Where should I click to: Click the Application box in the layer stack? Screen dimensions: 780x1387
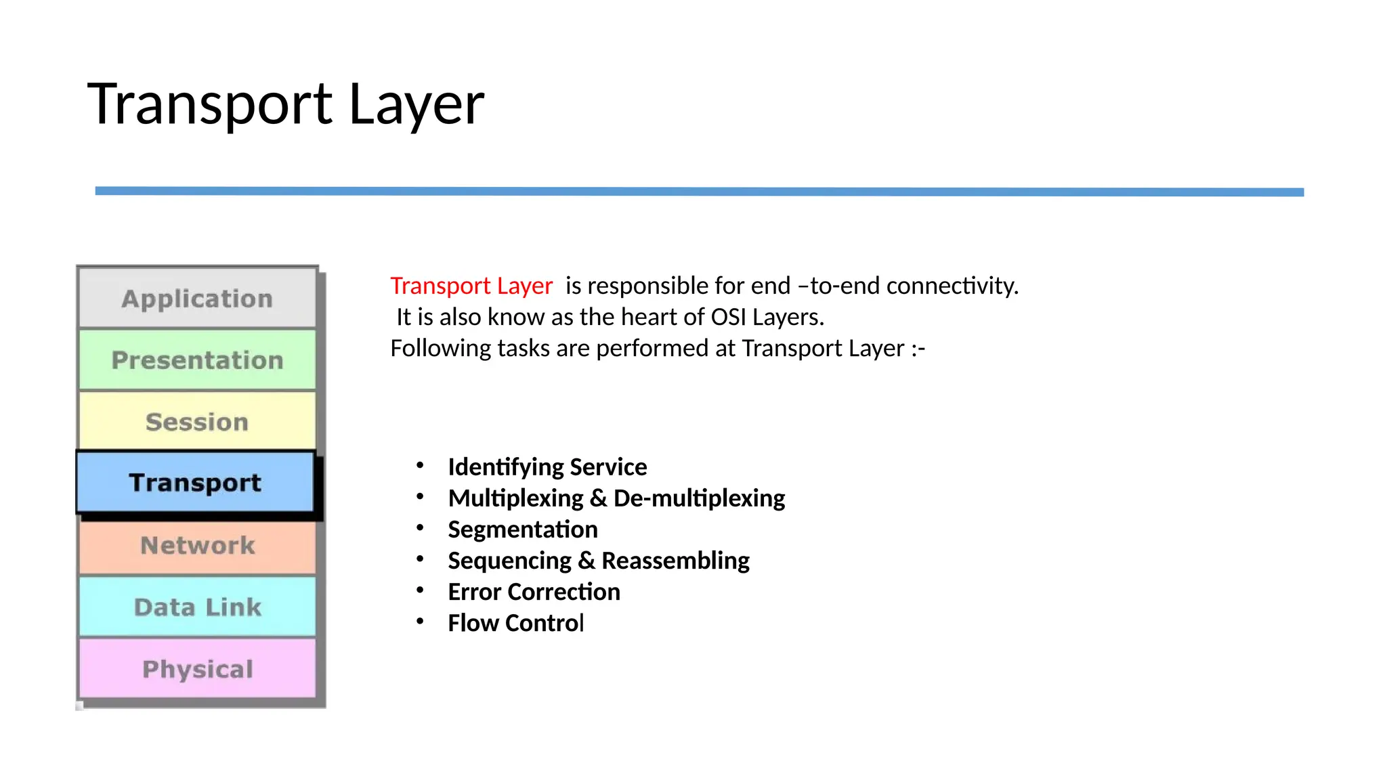point(197,299)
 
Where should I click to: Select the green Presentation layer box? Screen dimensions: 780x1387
point(197,360)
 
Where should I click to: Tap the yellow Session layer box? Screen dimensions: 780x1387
point(197,422)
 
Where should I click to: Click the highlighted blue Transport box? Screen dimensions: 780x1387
point(195,483)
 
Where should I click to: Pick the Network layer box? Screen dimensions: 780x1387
point(197,546)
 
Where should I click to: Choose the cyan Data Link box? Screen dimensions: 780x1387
point(197,607)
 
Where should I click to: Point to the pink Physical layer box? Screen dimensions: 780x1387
point(197,669)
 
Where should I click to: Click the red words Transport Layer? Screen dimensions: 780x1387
point(471,286)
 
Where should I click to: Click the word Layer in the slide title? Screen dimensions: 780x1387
point(416,104)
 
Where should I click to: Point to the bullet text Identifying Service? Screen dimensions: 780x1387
point(547,467)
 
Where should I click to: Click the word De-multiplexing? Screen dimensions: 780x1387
point(699,498)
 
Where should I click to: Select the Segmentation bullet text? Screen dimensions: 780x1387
point(523,529)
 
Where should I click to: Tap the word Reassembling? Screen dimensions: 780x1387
point(675,561)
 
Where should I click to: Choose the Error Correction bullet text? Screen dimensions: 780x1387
point(534,592)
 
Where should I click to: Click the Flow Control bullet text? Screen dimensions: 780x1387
point(515,623)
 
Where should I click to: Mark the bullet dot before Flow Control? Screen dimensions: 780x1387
point(420,621)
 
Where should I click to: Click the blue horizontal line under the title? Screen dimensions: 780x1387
point(699,192)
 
